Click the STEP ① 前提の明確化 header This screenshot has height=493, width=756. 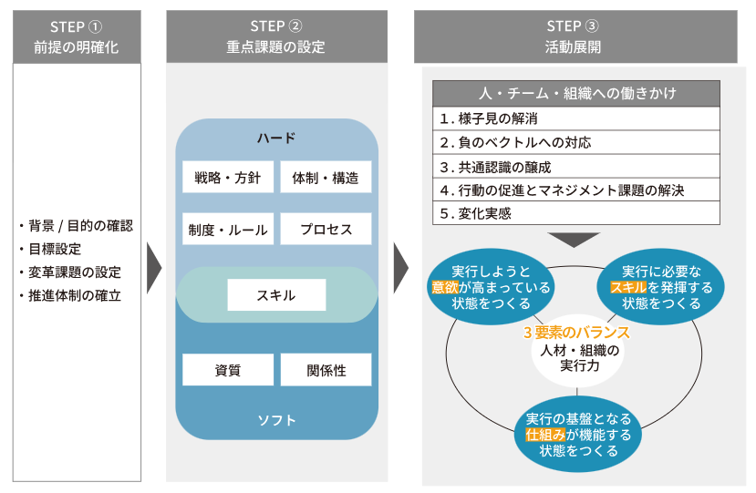point(78,36)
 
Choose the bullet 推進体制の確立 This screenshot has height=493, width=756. point(72,295)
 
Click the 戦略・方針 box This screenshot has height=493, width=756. point(228,177)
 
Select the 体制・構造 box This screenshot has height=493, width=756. point(326,177)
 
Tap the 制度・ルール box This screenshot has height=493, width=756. point(228,230)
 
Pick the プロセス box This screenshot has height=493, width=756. point(326,230)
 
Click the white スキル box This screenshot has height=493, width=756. point(275,293)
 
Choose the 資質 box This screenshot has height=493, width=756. point(228,369)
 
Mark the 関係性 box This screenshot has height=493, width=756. point(326,369)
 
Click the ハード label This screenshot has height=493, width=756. point(276,139)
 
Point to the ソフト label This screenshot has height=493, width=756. point(276,420)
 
